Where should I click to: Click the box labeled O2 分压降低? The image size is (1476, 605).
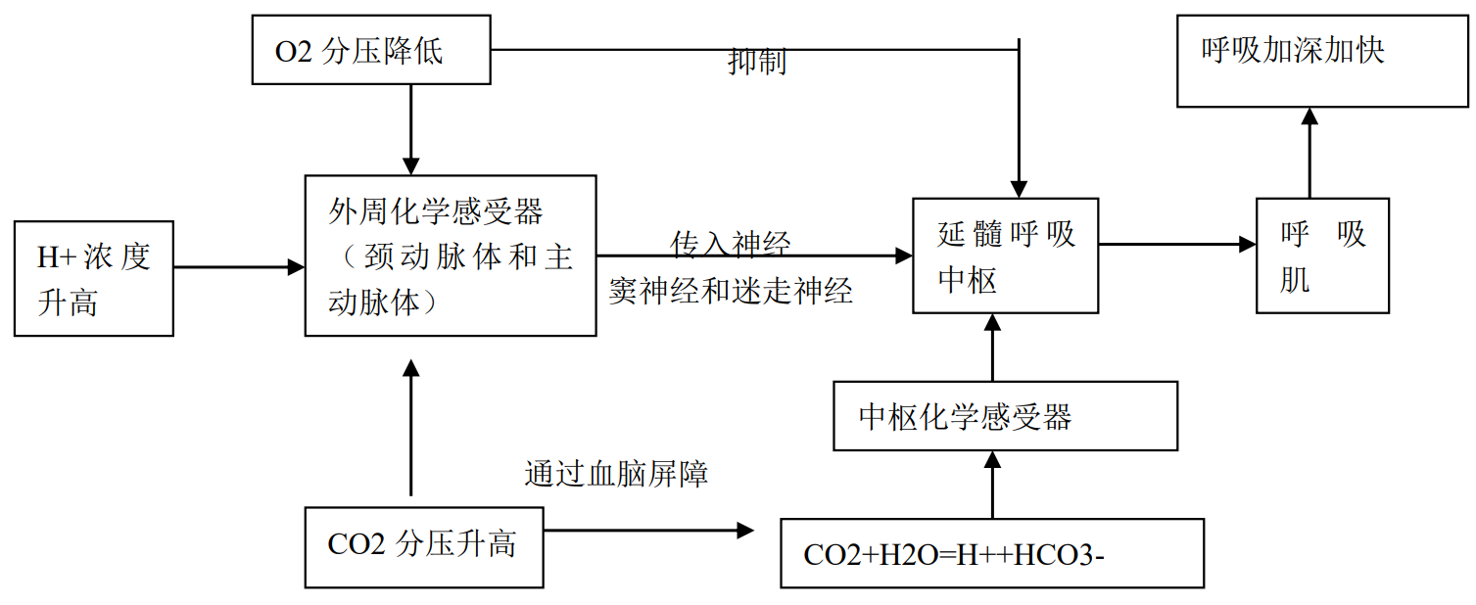(370, 50)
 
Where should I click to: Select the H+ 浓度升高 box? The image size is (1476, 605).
(94, 279)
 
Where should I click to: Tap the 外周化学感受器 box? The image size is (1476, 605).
(451, 256)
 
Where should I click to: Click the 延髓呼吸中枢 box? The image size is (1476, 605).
(1005, 256)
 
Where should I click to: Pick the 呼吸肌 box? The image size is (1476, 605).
(1322, 256)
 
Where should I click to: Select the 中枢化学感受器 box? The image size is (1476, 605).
(1005, 416)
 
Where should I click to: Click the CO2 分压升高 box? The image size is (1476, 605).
(424, 546)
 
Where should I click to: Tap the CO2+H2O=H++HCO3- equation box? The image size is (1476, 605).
(992, 553)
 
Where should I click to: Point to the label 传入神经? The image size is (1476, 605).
(731, 243)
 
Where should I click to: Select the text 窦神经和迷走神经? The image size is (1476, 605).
(731, 291)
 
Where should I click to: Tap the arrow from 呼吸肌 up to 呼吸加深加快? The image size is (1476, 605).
(1309, 153)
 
